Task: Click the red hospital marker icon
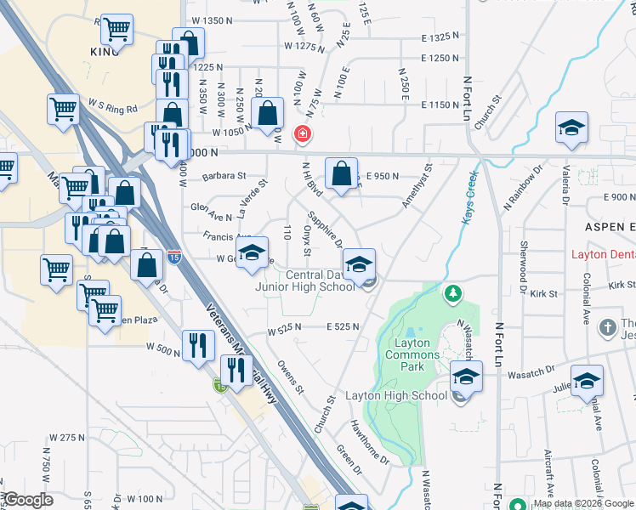301,133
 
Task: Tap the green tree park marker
454,294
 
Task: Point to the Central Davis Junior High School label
306,280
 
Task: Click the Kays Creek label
470,198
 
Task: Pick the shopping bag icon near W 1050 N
268,113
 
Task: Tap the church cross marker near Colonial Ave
607,327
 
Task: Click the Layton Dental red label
603,255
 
